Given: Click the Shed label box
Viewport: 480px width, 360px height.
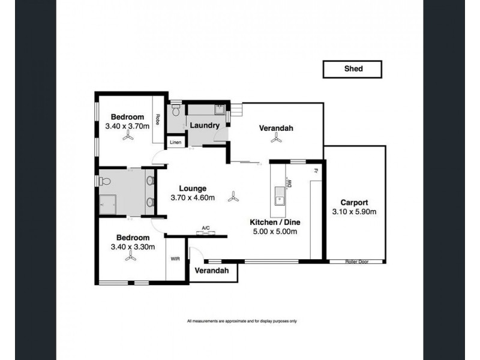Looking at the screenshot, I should pyautogui.click(x=352, y=69).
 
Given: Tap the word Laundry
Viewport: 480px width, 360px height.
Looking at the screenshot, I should pyautogui.click(x=204, y=125).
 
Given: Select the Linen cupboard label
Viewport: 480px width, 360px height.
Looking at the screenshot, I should pyautogui.click(x=175, y=142).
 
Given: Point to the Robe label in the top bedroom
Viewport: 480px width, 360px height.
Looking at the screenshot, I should pyautogui.click(x=158, y=119).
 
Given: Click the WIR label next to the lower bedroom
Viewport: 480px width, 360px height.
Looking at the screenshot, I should pyautogui.click(x=175, y=259).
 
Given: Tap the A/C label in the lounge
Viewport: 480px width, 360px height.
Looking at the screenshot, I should pyautogui.click(x=206, y=228).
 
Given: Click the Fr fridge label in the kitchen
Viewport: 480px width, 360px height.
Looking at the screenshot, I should pyautogui.click(x=314, y=170).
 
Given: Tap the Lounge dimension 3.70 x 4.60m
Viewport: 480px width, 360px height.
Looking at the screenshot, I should pyautogui.click(x=193, y=197).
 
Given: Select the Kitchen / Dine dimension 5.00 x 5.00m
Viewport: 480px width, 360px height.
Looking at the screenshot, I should pyautogui.click(x=274, y=232).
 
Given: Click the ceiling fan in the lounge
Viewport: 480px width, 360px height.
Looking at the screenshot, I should pyautogui.click(x=233, y=196).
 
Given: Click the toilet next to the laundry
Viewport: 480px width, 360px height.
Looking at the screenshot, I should pyautogui.click(x=176, y=112).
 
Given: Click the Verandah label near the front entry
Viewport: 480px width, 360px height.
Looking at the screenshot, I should pyautogui.click(x=212, y=271).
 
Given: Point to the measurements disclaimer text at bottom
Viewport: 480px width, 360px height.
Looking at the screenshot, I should pyautogui.click(x=242, y=322).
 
